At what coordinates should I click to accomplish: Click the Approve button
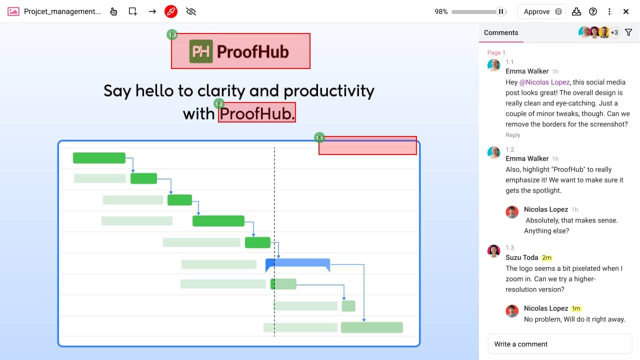(x=541, y=11)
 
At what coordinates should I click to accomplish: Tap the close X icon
(x=626, y=11)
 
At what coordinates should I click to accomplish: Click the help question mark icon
(x=593, y=11)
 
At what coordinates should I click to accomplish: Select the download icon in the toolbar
(x=576, y=11)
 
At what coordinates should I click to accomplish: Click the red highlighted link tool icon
(x=171, y=11)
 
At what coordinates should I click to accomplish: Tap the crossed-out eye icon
(x=190, y=11)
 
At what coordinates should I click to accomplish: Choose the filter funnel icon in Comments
(x=628, y=32)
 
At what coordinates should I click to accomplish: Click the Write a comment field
(x=560, y=344)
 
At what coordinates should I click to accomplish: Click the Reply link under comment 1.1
(x=513, y=135)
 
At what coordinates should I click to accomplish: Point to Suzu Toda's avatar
(x=494, y=251)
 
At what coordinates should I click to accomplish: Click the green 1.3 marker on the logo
(x=172, y=35)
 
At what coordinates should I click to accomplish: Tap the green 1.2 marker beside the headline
(x=219, y=104)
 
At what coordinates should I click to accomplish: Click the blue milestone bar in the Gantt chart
(x=297, y=263)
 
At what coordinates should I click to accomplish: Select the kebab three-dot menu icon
(x=609, y=11)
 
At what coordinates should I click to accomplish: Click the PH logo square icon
(x=201, y=51)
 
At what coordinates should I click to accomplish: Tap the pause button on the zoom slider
(x=501, y=11)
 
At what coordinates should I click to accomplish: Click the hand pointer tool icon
(x=114, y=11)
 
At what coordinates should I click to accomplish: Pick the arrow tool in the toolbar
(x=152, y=11)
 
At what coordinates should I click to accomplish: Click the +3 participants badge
(x=614, y=32)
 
